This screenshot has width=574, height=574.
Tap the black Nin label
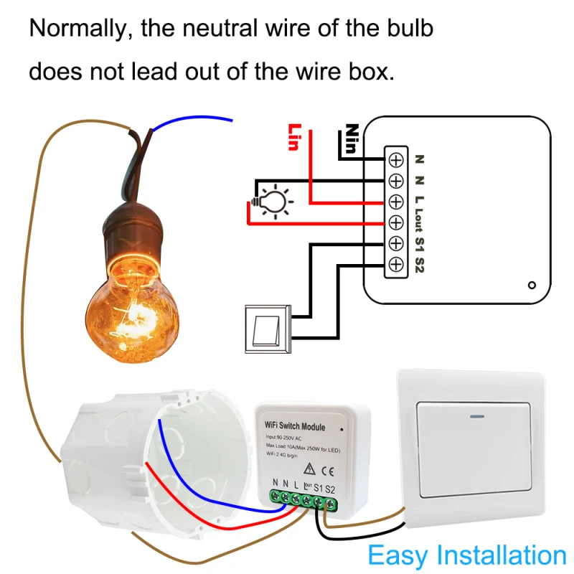351,139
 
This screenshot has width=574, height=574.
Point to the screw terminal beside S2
395,265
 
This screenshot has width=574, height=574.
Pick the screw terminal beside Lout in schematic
395,222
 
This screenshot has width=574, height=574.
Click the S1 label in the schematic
420,244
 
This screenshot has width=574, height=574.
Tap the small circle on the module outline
531,284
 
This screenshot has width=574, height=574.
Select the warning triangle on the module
308,470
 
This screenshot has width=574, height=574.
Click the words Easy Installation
467,555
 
